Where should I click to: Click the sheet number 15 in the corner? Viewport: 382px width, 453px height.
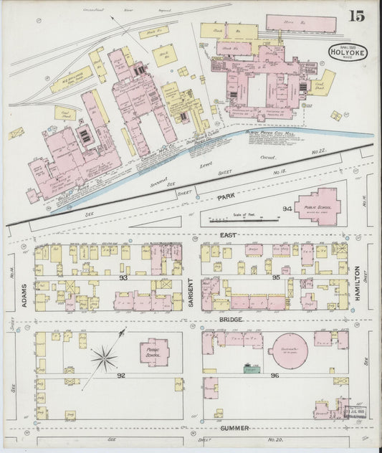coord(355,16)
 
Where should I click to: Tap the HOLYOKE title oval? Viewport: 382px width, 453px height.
coord(345,52)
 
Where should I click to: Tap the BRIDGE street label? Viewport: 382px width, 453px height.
coord(231,319)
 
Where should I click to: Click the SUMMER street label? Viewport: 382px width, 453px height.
coord(234,428)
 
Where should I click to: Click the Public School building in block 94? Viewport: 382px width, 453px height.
coord(316,206)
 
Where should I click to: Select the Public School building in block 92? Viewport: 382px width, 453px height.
coord(154,352)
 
